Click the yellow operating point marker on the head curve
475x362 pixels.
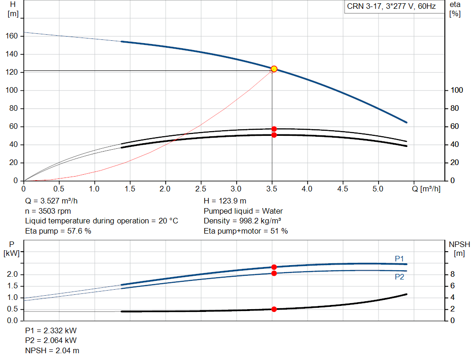274,69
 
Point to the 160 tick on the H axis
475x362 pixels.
12,36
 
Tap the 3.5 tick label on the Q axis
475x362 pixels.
272,189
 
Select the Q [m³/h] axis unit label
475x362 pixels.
426,189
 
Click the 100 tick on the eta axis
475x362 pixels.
457,90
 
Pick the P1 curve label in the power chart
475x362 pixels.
399,259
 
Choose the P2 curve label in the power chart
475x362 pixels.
399,277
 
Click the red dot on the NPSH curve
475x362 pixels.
274,309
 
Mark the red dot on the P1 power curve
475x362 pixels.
274,267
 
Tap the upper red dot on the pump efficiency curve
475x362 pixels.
274,129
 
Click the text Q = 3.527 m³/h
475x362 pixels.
51,201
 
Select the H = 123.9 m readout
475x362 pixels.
225,201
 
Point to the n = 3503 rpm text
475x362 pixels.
48,211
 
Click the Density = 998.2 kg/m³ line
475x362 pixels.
242,221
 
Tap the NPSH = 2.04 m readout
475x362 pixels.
52,350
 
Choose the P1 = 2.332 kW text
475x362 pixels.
51,330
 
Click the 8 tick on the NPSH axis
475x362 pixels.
452,274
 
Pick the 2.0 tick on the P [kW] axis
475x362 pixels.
13,274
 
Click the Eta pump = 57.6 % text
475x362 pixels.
58,231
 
